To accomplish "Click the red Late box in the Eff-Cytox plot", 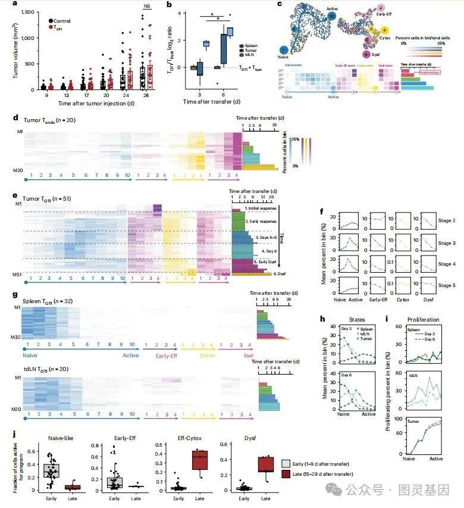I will (202, 462).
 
